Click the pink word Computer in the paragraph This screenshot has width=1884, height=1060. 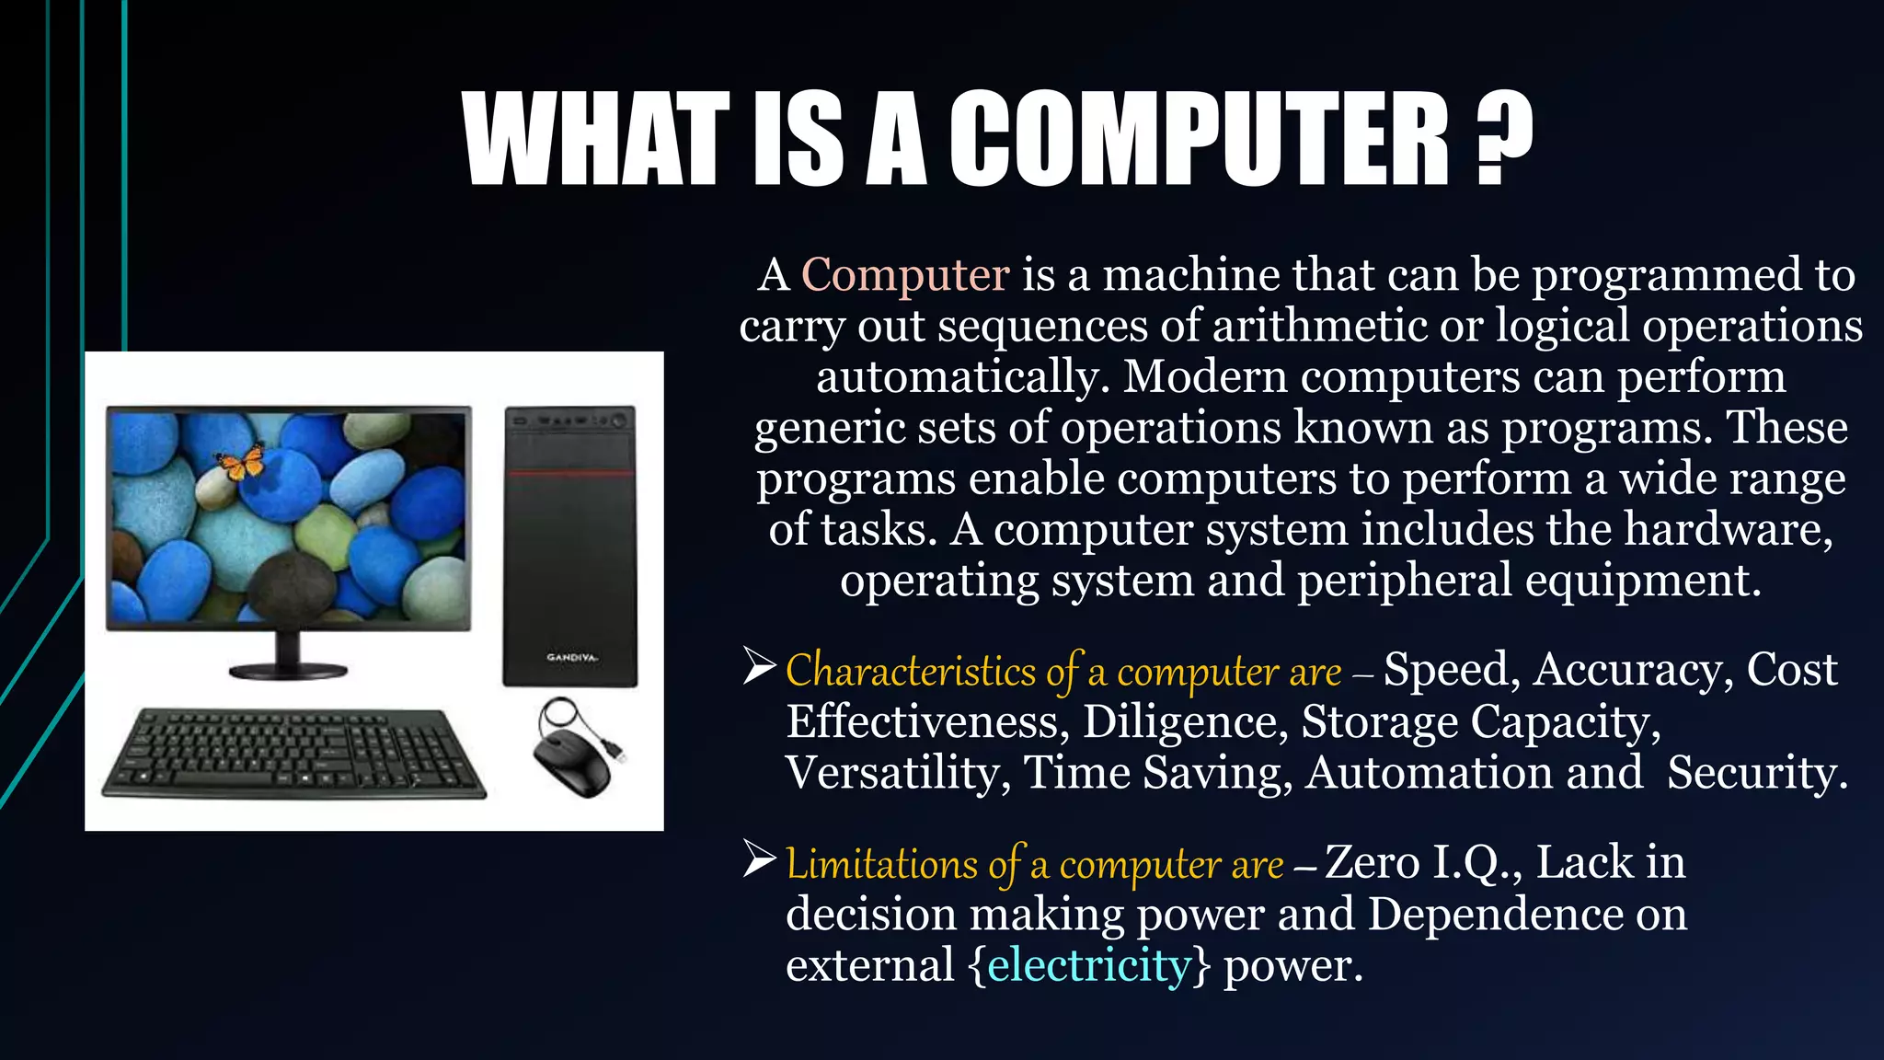(905, 275)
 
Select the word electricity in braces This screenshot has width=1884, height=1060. (1089, 965)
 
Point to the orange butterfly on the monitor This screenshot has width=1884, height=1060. (240, 461)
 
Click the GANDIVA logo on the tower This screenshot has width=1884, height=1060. (571, 658)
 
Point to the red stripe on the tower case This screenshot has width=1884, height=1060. (570, 473)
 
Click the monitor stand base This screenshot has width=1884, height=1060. (288, 670)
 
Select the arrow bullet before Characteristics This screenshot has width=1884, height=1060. (760, 666)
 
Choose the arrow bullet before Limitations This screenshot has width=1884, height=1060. (760, 859)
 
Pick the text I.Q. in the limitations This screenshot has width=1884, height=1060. (1471, 863)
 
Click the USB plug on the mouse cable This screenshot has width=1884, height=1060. (621, 755)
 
